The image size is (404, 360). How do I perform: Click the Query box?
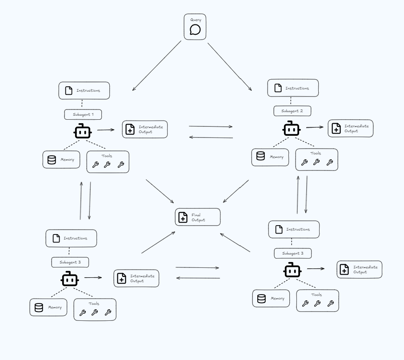195,27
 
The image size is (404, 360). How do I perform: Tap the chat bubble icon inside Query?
195,30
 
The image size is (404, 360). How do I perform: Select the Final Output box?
198,217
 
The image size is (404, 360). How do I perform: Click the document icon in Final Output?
183,217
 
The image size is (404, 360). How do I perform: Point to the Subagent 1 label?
83,114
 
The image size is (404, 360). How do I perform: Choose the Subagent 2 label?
292,111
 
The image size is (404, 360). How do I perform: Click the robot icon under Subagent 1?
82,131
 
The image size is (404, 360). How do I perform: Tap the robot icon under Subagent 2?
291,129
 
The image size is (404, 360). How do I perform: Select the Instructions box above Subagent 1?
84,90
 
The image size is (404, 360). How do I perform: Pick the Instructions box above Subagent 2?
293,88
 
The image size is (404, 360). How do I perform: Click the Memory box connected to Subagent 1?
61,159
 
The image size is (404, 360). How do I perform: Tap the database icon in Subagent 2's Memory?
260,156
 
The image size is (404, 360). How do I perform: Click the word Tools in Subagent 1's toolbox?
107,156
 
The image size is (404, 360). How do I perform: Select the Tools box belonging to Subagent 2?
316,160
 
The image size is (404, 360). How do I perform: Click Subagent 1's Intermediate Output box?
145,129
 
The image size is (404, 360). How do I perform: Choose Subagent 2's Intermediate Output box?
351,128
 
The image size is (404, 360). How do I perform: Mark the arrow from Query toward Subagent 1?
156,66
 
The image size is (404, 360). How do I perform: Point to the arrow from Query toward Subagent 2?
229,65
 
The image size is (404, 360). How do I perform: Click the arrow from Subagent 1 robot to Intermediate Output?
106,130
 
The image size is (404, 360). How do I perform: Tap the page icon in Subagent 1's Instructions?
68,91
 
